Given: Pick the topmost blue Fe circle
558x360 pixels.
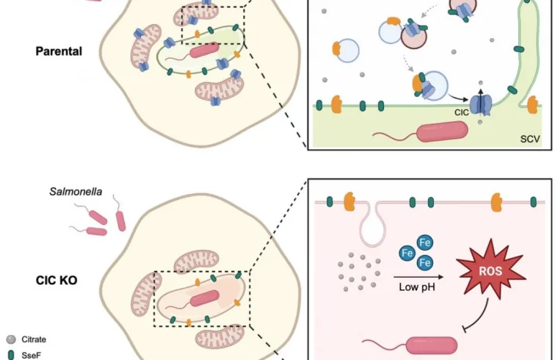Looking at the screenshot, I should [424, 242].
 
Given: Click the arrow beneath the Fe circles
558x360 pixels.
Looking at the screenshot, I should [416, 276].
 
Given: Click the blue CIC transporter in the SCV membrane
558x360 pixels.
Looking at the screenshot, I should [480, 104].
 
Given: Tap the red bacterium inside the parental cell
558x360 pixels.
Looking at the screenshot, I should [205, 51].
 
